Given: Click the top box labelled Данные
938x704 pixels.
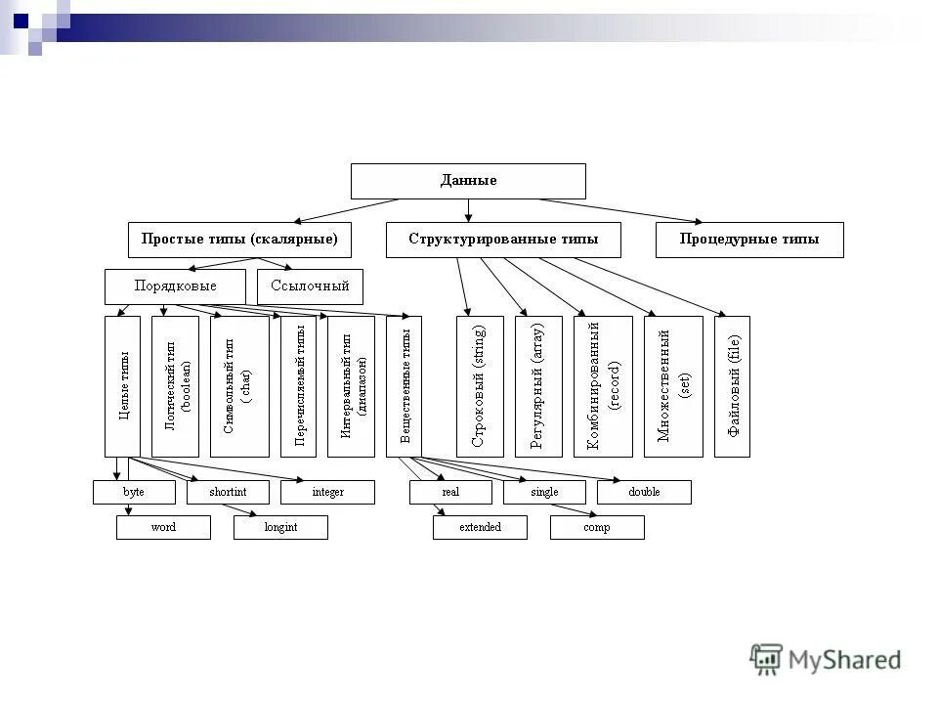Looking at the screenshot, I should [468, 181].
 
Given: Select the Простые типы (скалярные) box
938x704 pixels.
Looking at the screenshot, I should [239, 240].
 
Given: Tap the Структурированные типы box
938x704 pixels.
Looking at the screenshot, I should [502, 240].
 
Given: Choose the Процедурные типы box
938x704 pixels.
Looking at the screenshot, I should [748, 240].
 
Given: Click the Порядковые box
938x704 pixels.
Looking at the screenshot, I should [175, 286].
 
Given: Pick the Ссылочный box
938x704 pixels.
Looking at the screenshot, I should [310, 286].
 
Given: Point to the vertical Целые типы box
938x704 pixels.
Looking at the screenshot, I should [122, 386].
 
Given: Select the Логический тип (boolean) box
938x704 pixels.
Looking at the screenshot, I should [175, 386].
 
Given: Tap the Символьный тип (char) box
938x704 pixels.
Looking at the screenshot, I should [239, 386].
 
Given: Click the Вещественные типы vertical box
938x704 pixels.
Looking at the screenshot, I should [404, 386].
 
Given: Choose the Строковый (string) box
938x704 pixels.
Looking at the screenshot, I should [480, 386].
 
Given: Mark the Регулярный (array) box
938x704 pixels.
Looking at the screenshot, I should [538, 386].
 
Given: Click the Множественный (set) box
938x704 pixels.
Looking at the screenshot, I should [673, 386].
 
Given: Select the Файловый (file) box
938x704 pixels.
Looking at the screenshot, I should [732, 386].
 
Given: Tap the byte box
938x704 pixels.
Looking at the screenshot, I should [134, 492].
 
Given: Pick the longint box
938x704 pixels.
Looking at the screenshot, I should [280, 527].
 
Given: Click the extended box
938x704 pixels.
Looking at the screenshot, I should [480, 527].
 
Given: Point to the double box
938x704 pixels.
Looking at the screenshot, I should [644, 492].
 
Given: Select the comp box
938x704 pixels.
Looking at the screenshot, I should [597, 527].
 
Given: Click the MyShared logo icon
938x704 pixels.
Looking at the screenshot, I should [766, 659].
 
